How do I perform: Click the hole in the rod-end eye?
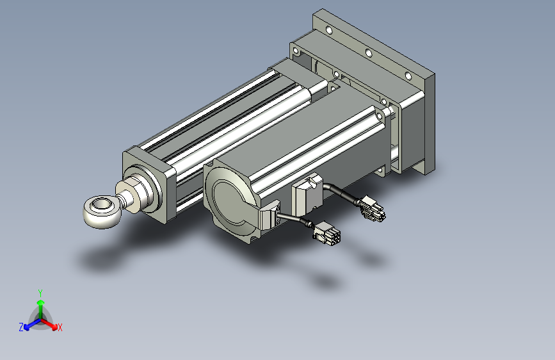(x=100, y=204)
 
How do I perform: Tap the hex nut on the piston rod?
(x=127, y=197)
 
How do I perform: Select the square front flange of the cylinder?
(x=149, y=184)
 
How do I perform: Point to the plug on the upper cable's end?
(x=372, y=209)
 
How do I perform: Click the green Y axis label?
(x=40, y=293)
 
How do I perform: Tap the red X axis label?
(x=60, y=327)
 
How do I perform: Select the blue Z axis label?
(x=21, y=327)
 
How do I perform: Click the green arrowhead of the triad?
(x=41, y=303)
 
